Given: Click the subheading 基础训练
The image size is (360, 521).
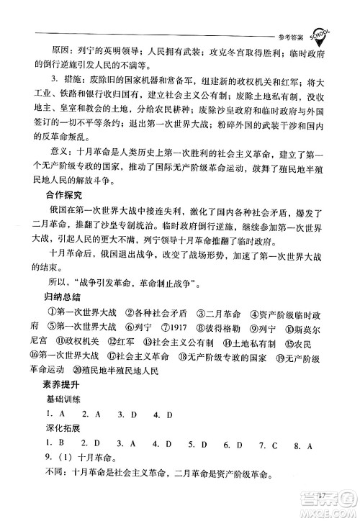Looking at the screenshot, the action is click(x=66, y=402).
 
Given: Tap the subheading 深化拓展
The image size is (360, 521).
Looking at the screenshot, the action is click(x=66, y=430).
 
